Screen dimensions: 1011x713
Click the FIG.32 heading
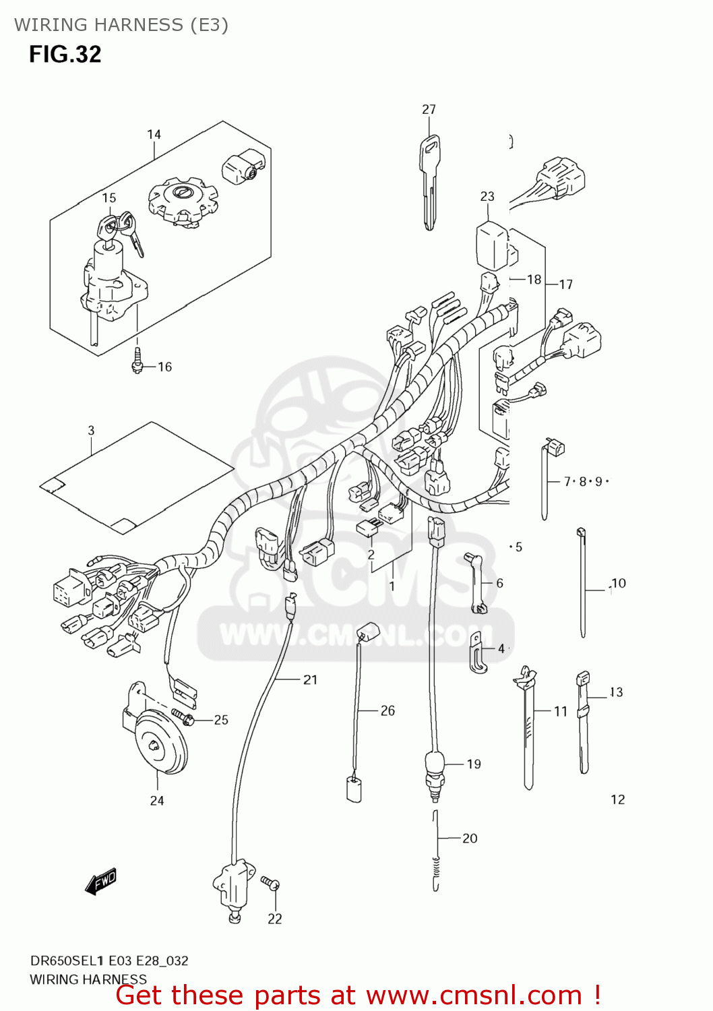click(65, 54)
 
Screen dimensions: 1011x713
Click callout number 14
click(154, 135)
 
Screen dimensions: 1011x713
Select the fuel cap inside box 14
click(183, 199)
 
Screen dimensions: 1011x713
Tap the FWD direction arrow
click(101, 881)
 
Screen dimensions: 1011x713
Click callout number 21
click(310, 679)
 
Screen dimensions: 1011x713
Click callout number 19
click(474, 764)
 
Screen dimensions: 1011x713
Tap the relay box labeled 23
click(492, 245)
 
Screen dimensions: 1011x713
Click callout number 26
click(387, 710)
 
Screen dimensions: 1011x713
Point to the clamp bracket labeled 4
click(478, 652)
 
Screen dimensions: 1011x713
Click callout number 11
click(561, 711)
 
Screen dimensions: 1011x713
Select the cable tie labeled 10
click(582, 583)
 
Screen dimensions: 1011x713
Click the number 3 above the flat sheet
click(91, 430)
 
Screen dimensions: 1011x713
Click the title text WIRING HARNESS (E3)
click(121, 25)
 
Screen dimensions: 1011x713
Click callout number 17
click(565, 284)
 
